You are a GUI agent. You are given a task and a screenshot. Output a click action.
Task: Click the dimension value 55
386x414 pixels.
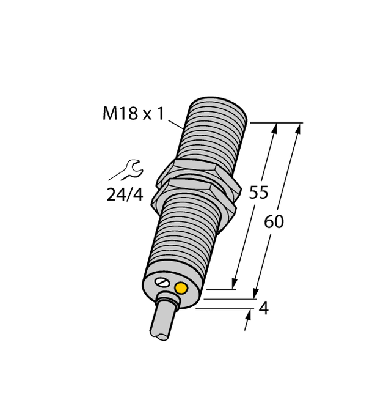(x=258, y=193)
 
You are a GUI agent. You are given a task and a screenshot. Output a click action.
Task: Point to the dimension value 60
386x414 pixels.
(x=274, y=222)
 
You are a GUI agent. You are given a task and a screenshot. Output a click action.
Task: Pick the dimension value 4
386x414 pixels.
(x=263, y=309)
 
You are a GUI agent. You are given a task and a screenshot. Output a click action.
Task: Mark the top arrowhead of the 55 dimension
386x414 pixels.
(x=275, y=129)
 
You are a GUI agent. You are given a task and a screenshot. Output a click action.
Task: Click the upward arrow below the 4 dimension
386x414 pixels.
(x=249, y=316)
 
